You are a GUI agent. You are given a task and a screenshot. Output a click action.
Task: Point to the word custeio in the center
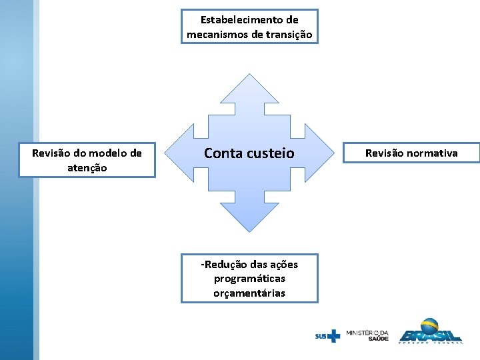tap(271, 153)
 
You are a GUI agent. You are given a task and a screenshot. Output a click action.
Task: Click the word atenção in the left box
tap(87, 168)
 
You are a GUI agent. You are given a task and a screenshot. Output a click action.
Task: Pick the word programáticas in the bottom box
tap(249, 279)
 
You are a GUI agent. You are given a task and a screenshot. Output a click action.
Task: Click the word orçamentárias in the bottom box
tap(249, 293)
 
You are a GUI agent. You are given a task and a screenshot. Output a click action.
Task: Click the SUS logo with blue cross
tap(327, 336)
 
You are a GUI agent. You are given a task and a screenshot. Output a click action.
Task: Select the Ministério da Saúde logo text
tap(367, 335)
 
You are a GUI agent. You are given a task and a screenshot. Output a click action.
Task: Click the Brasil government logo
tap(430, 331)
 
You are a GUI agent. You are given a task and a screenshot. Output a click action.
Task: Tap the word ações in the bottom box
tap(283, 265)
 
